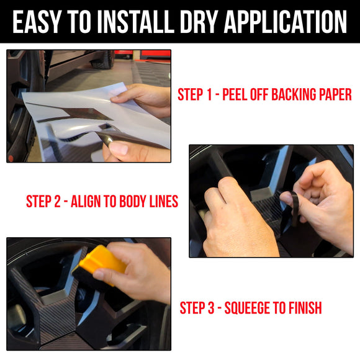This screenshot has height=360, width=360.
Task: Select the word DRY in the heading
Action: (199, 22)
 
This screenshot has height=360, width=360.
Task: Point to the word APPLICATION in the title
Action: (285, 22)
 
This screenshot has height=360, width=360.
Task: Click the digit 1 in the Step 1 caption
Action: (209, 94)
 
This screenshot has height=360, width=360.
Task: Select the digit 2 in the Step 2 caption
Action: (57, 201)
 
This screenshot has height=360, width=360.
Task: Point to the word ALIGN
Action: (86, 201)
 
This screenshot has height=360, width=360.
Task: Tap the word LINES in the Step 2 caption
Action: (164, 201)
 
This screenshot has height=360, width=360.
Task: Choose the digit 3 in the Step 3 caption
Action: (211, 308)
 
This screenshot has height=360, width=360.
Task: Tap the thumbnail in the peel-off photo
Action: (119, 148)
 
